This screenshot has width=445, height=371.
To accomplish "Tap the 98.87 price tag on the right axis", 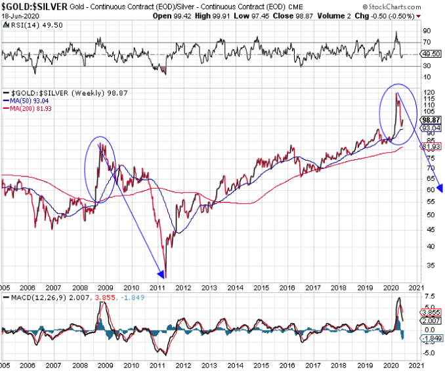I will (430, 120).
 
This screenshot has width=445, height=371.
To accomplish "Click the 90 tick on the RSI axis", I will (427, 30).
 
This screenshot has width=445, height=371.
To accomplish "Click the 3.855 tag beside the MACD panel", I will (430, 313).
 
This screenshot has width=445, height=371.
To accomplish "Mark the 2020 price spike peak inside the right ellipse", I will (396, 94).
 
